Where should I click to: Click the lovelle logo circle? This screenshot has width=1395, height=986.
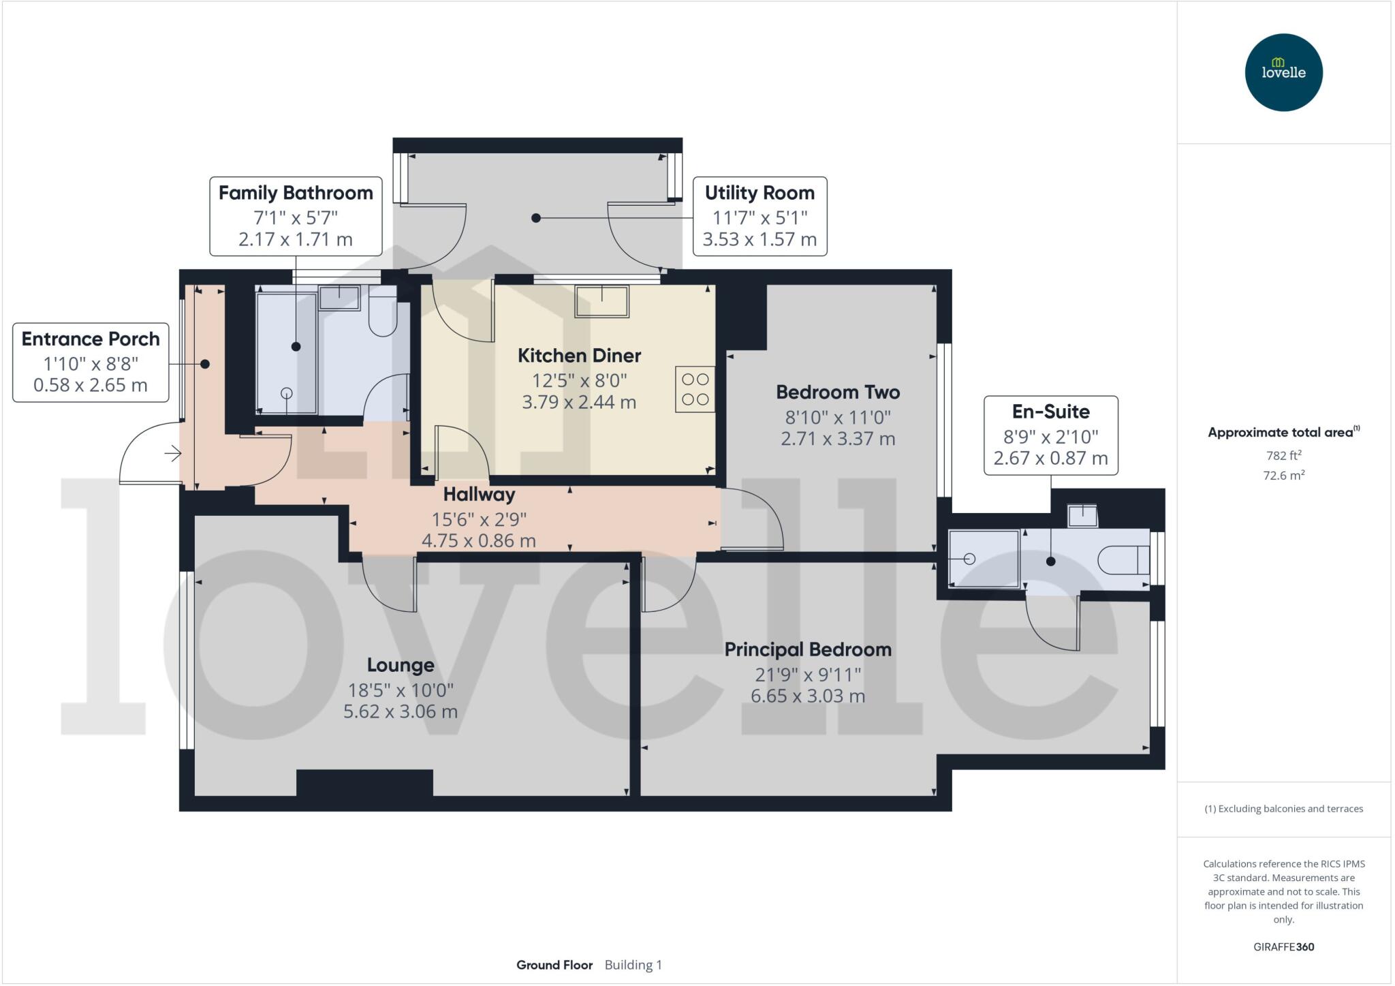(x=1283, y=72)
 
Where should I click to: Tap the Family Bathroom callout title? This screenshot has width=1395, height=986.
(x=296, y=193)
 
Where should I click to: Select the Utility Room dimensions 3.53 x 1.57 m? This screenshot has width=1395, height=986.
(x=759, y=240)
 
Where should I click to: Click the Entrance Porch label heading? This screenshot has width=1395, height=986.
(x=91, y=339)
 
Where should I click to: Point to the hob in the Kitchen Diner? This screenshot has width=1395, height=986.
(x=695, y=389)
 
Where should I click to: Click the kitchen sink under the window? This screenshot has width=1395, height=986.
(x=601, y=301)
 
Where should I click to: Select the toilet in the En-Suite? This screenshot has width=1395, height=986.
(x=1123, y=560)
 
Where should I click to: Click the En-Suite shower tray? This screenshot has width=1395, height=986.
(x=983, y=559)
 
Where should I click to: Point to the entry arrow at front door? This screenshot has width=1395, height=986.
(x=172, y=453)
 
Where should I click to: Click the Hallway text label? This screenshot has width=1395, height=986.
(x=479, y=494)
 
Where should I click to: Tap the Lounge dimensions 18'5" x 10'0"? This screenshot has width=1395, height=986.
(x=400, y=690)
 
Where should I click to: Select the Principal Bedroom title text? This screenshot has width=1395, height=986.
(x=807, y=649)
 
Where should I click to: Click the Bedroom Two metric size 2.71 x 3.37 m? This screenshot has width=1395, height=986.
(x=837, y=439)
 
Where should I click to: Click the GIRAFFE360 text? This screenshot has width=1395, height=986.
(x=1283, y=946)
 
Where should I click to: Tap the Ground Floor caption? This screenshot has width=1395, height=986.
(x=554, y=965)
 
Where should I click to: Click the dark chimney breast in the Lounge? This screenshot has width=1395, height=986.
(x=364, y=782)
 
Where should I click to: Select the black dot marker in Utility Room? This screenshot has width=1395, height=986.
(x=536, y=218)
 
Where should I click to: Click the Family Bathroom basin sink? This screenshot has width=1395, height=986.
(x=339, y=297)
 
